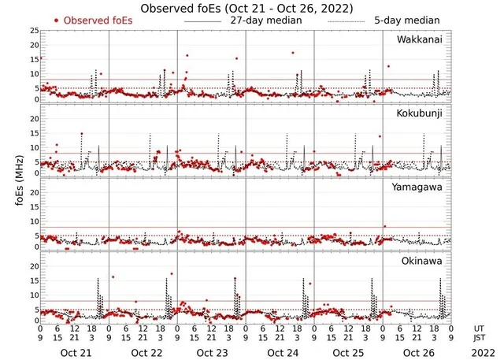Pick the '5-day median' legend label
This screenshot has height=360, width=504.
pos(401,20)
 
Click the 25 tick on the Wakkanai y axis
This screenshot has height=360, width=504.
pos(34,31)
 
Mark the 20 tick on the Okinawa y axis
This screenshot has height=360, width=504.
pos(34,266)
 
